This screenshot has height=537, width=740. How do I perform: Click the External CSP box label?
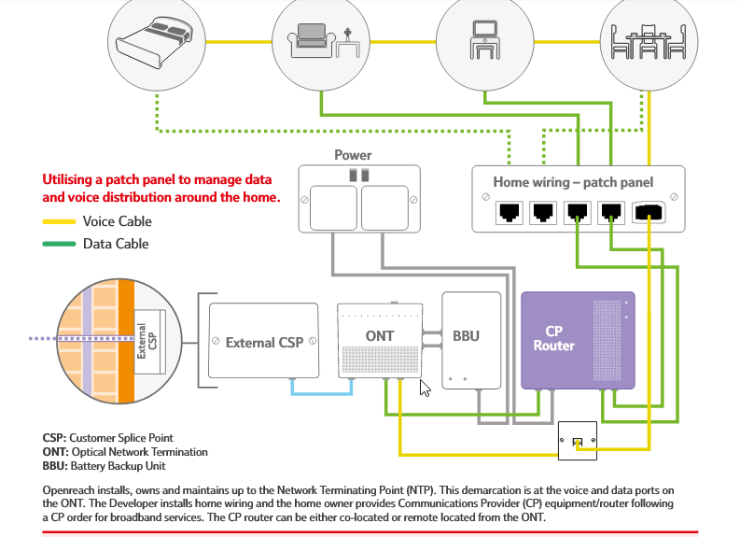tap(264, 342)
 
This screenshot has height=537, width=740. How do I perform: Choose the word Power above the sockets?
tap(353, 155)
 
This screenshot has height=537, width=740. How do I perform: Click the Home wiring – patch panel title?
tap(573, 182)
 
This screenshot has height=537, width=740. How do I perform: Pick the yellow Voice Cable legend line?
tap(59, 222)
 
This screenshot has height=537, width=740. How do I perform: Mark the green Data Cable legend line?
tap(59, 245)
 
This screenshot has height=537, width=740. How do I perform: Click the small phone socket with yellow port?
tap(578, 441)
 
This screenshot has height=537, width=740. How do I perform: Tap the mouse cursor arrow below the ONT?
tap(425, 388)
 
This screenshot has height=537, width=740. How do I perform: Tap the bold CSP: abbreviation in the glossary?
tap(55, 437)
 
